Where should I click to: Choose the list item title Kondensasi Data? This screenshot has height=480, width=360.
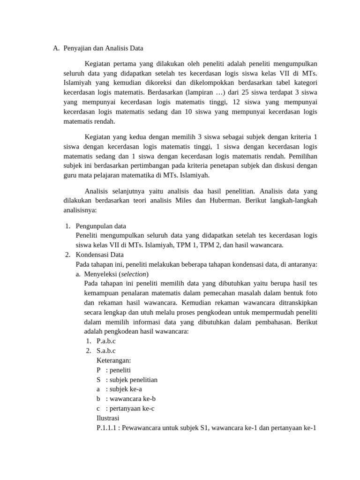point(100,255)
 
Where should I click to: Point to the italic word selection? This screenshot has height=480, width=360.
point(134,274)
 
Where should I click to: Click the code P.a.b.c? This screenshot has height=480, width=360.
point(106,341)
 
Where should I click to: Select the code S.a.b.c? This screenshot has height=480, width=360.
point(106,351)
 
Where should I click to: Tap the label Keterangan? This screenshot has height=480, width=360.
point(113,360)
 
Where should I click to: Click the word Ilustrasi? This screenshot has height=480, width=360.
point(108,418)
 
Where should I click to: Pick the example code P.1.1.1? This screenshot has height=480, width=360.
point(108,427)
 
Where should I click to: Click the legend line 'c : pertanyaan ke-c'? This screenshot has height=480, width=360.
point(126,408)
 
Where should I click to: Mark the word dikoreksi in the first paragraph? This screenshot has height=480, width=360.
point(172,82)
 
